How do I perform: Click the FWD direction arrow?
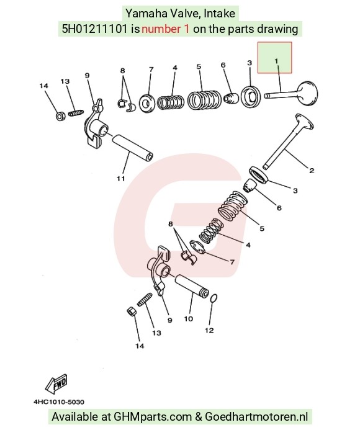click(x=56, y=383)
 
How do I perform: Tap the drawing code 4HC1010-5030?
click(x=59, y=402)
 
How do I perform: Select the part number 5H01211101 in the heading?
click(x=95, y=29)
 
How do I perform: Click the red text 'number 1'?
click(x=166, y=29)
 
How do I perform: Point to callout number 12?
click(x=209, y=330)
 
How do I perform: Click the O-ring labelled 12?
click(x=214, y=299)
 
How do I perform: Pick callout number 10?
click(x=189, y=319)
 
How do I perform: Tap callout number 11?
click(x=121, y=179)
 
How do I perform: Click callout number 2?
click(x=312, y=171)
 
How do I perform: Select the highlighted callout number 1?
click(x=276, y=61)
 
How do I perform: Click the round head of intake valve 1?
click(x=307, y=93)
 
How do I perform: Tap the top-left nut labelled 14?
click(x=60, y=116)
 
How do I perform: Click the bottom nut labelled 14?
click(x=131, y=312)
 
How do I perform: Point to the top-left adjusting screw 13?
click(x=75, y=113)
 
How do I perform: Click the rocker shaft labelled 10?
click(x=192, y=286)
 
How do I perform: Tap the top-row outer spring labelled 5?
click(x=204, y=99)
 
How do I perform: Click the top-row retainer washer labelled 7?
click(x=147, y=103)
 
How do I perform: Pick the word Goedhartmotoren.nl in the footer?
click(x=256, y=416)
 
